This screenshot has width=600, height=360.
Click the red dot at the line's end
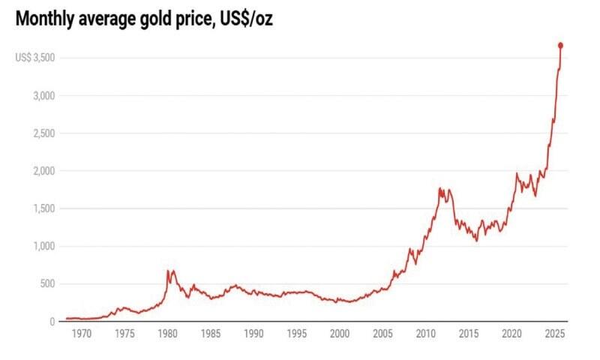pyautogui.click(x=560, y=46)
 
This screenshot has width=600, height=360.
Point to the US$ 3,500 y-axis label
pyautogui.click(x=34, y=58)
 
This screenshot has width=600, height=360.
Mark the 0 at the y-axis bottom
pyautogui.click(x=52, y=322)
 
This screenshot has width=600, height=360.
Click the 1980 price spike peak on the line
pyautogui.click(x=169, y=271)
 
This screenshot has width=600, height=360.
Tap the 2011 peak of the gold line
pyautogui.click(x=439, y=188)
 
